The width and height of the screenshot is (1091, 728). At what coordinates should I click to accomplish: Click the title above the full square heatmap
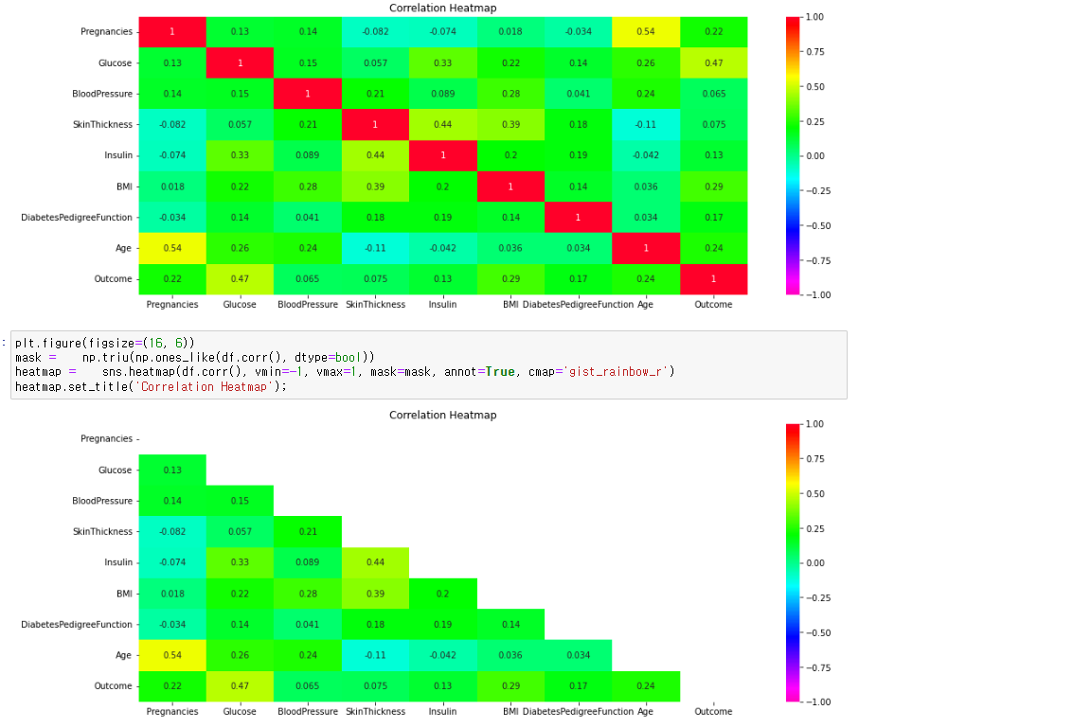[442, 9]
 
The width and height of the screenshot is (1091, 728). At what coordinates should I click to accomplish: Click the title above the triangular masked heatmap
[442, 415]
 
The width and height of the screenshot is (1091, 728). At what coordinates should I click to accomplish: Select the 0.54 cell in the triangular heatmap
[172, 655]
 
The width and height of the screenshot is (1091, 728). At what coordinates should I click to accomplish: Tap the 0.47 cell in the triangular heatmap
[240, 686]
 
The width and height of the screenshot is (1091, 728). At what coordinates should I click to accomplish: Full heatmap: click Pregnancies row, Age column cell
[645, 32]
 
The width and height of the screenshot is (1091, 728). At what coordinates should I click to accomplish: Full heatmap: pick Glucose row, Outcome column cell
[713, 63]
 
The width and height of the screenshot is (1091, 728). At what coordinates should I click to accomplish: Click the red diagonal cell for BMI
[510, 186]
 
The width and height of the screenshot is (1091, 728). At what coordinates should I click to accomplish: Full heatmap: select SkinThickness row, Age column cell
[645, 125]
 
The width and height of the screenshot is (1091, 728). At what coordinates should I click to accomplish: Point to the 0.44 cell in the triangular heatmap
[375, 562]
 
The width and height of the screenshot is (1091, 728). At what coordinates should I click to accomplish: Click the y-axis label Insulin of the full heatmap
[118, 156]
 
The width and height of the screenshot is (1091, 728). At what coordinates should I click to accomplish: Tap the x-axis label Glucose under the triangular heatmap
[240, 712]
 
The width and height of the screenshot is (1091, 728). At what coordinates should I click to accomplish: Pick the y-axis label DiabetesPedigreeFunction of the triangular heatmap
[77, 625]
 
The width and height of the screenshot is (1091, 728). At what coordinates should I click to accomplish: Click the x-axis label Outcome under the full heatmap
[713, 305]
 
